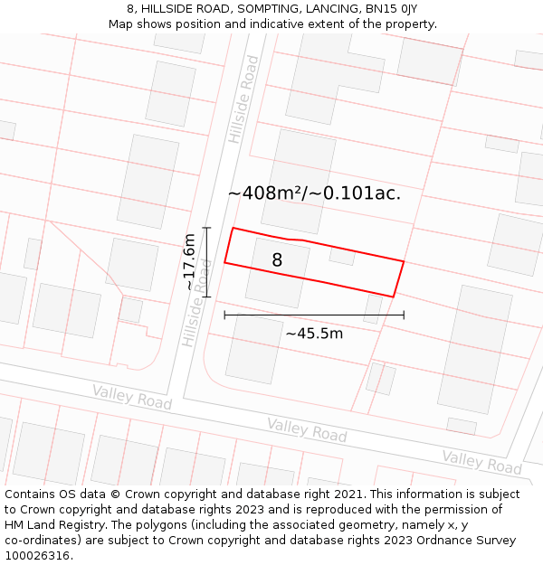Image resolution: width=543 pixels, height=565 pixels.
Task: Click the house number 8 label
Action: [x=277, y=260]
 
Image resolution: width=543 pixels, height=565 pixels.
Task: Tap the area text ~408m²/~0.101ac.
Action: [x=314, y=193]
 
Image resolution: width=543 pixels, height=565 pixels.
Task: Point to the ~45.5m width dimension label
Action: [x=314, y=334]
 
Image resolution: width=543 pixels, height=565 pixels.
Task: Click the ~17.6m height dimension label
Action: [x=189, y=262]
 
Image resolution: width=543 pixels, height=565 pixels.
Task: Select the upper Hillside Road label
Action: [x=243, y=99]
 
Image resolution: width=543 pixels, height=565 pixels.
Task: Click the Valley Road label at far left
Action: [x=131, y=396]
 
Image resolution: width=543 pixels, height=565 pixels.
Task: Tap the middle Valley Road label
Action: [x=307, y=429]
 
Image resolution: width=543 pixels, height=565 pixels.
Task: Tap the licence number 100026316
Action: [x=37, y=556]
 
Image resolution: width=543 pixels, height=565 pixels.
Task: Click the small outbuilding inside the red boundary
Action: [x=342, y=255]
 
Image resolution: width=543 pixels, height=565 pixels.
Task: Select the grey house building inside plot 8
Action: [x=277, y=272]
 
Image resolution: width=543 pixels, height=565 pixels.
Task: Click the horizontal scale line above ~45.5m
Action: [x=314, y=315]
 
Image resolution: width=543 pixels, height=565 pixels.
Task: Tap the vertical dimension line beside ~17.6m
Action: [x=207, y=262]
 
